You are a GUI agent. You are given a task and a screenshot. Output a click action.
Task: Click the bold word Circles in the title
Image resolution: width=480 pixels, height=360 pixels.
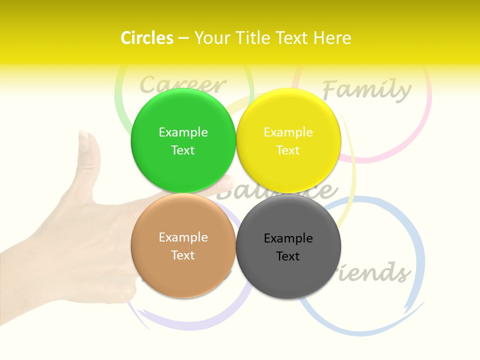coord(146,38)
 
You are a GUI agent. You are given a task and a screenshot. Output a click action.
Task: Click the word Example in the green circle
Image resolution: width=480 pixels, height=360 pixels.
coord(183,132)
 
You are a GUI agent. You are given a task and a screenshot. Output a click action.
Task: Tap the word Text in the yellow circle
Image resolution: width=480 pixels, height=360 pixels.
coord(288,150)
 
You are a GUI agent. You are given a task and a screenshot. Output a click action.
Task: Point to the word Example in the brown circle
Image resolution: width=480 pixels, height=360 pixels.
coord(183,237)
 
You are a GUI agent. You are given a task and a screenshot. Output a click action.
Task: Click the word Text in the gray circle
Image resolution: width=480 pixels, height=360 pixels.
coord(288,256)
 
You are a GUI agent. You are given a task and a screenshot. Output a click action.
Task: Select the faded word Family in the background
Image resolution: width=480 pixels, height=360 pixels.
coord(366,90)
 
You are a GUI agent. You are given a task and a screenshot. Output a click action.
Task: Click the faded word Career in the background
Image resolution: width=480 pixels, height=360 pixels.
coord(182,84)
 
